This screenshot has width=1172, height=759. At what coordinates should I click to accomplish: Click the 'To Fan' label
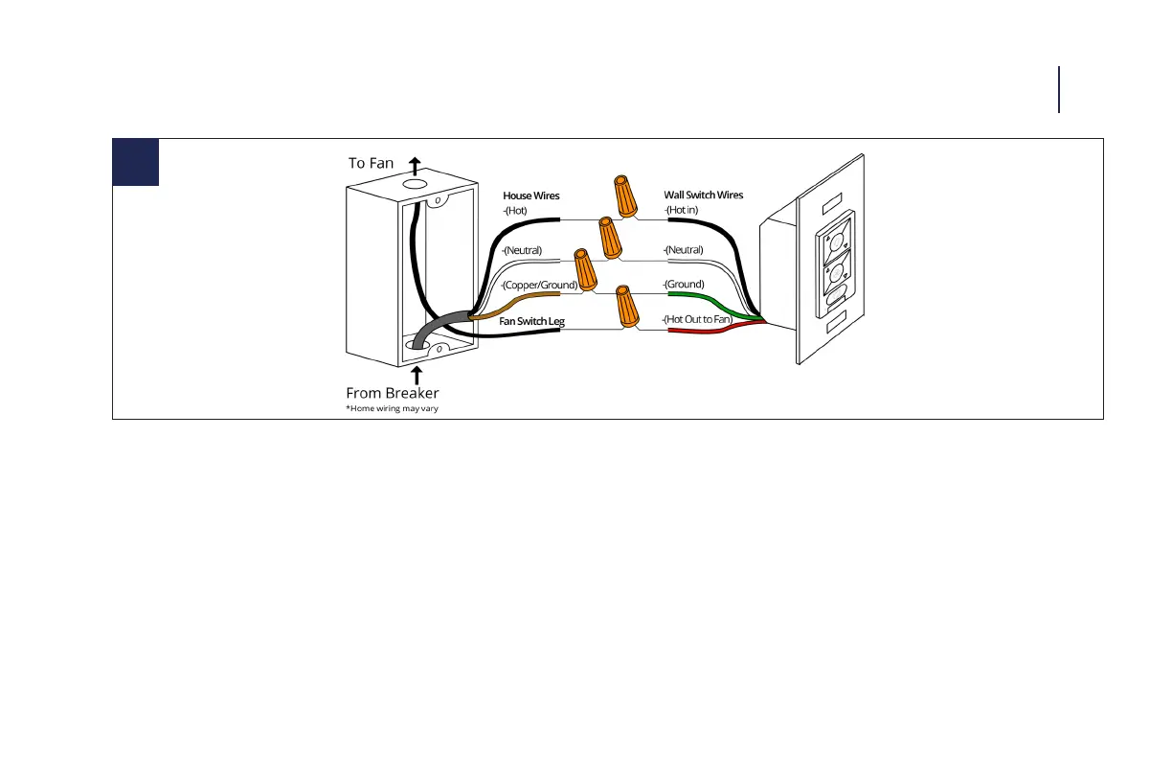pos(371,163)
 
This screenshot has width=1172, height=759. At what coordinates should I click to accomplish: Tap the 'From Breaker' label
pos(392,393)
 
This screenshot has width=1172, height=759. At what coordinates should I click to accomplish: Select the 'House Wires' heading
pos(531,195)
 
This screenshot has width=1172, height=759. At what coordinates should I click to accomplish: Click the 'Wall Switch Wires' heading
pos(703,195)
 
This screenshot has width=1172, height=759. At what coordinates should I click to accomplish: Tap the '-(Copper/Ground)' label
pos(539,286)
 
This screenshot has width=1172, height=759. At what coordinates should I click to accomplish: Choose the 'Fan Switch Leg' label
pos(531,322)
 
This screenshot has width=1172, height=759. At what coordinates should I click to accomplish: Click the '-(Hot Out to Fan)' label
pos(697,318)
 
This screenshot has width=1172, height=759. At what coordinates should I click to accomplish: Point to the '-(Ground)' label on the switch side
pos(684,285)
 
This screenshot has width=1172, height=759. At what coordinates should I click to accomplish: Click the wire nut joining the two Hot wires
pos(625,196)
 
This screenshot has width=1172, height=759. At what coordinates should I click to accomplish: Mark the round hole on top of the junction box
pos(415,182)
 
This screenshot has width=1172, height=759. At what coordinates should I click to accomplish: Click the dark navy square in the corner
pos(135,162)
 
